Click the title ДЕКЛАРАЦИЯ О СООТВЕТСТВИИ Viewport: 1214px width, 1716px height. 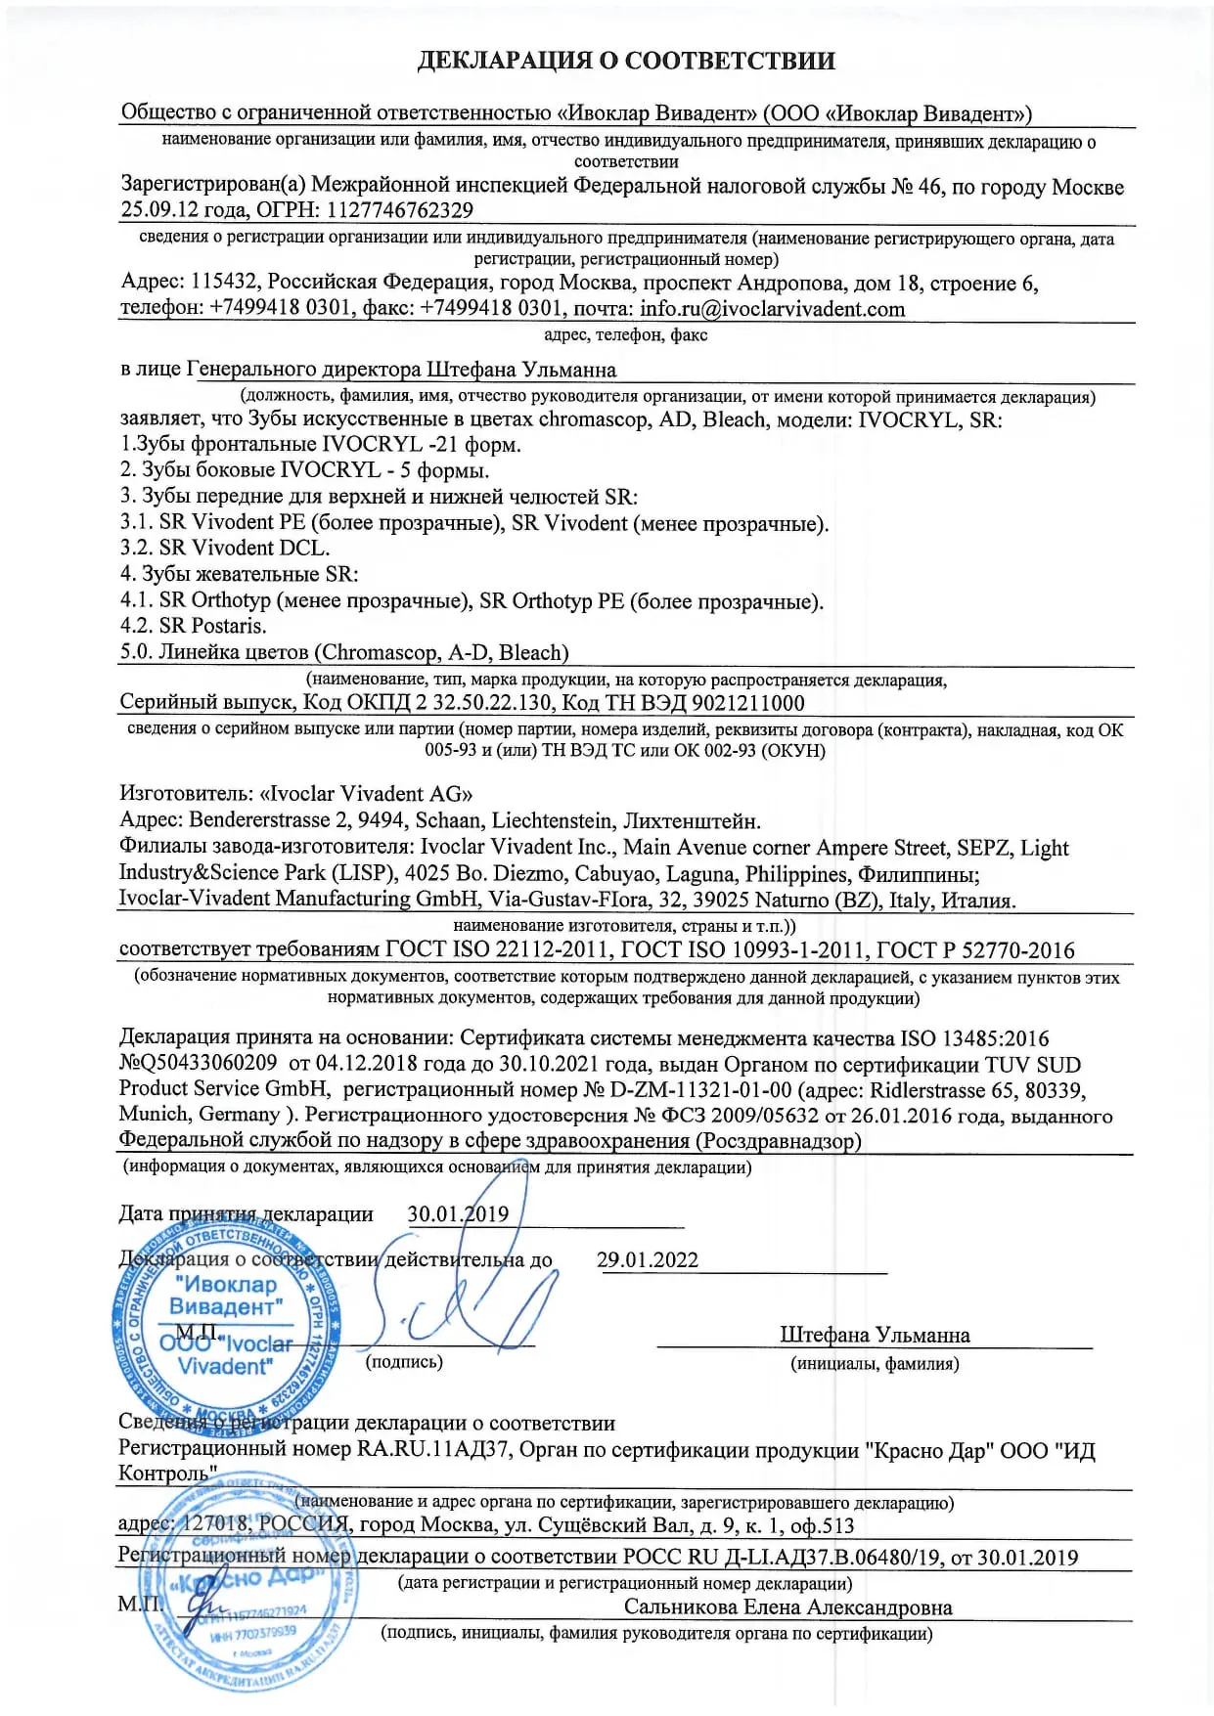(x=626, y=61)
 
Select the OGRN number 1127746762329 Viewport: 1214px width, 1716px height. (x=400, y=210)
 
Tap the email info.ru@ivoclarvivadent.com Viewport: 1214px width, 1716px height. (x=772, y=309)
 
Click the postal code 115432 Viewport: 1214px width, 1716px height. (x=224, y=283)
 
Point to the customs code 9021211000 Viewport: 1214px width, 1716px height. (x=747, y=703)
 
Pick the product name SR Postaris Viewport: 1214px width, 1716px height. (x=212, y=626)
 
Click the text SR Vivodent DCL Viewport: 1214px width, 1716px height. (x=245, y=548)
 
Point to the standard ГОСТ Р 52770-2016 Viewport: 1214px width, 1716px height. (x=974, y=950)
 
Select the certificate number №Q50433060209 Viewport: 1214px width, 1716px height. (x=198, y=1063)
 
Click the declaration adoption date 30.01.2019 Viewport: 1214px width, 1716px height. (x=458, y=1214)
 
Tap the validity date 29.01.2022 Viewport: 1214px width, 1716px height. (x=648, y=1260)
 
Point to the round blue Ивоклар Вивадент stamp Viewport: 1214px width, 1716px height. (x=227, y=1325)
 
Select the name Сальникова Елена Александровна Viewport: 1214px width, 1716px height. (x=787, y=1606)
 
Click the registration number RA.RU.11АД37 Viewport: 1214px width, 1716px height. (x=432, y=1448)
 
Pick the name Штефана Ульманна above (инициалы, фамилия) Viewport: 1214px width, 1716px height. (x=875, y=1335)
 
